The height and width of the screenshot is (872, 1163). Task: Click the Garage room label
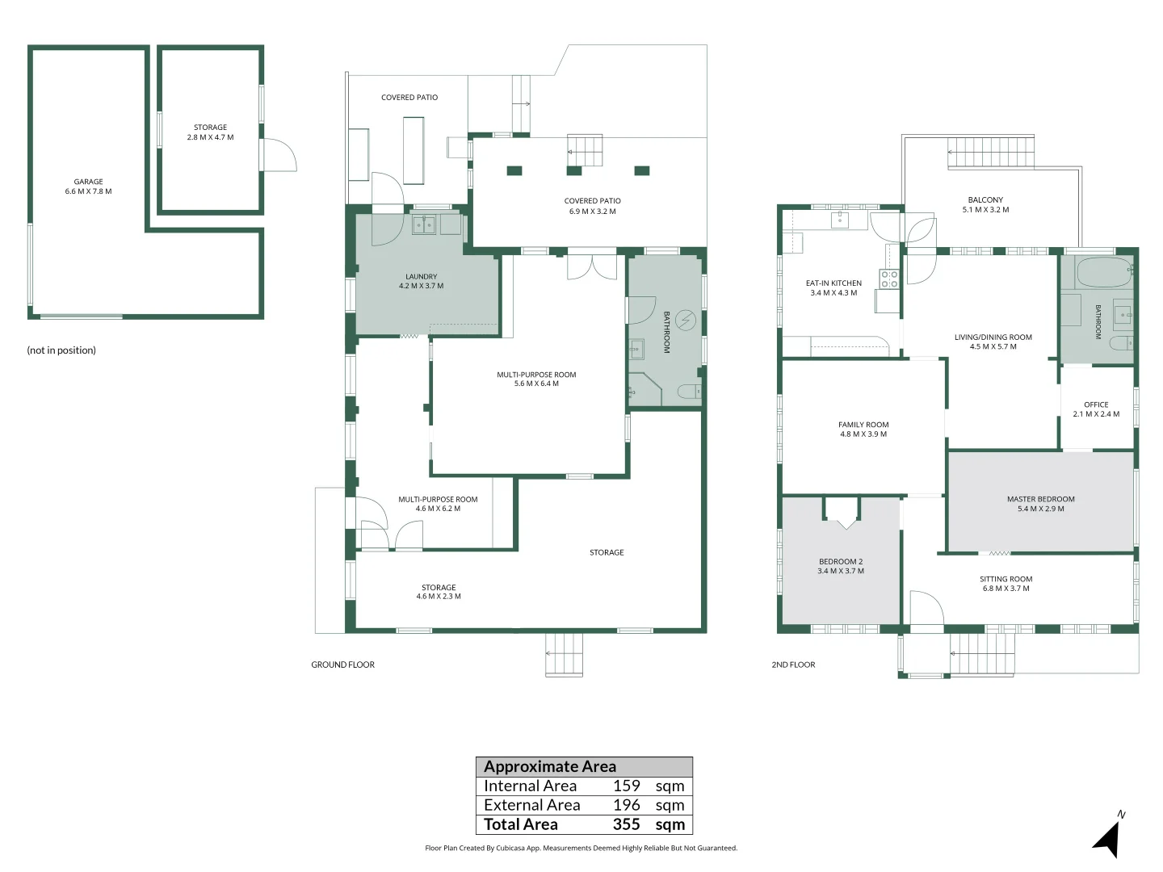[x=89, y=187]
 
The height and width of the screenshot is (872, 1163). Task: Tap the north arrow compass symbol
[x=1108, y=839]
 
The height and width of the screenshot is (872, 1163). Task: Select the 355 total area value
[x=626, y=824]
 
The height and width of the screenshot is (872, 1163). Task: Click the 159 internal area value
[x=626, y=786]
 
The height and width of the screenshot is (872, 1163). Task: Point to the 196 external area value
[x=626, y=805]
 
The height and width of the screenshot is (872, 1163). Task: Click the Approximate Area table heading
[x=549, y=767]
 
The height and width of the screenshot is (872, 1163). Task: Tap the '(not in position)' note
[x=61, y=350]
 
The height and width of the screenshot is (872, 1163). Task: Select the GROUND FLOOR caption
[x=342, y=664]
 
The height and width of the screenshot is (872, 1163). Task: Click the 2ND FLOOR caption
[x=793, y=664]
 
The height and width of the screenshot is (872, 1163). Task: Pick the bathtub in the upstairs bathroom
[x=1105, y=271]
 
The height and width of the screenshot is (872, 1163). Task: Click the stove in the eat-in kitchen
[x=889, y=279]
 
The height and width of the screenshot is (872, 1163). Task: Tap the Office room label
[x=1096, y=409]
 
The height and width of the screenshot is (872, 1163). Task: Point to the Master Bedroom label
[x=1040, y=504]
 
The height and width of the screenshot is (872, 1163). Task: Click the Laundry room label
[x=422, y=281]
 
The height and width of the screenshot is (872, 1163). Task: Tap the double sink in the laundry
[x=424, y=224]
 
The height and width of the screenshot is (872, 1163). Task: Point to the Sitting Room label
[x=1006, y=584]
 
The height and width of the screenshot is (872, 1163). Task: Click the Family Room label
[x=863, y=429]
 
